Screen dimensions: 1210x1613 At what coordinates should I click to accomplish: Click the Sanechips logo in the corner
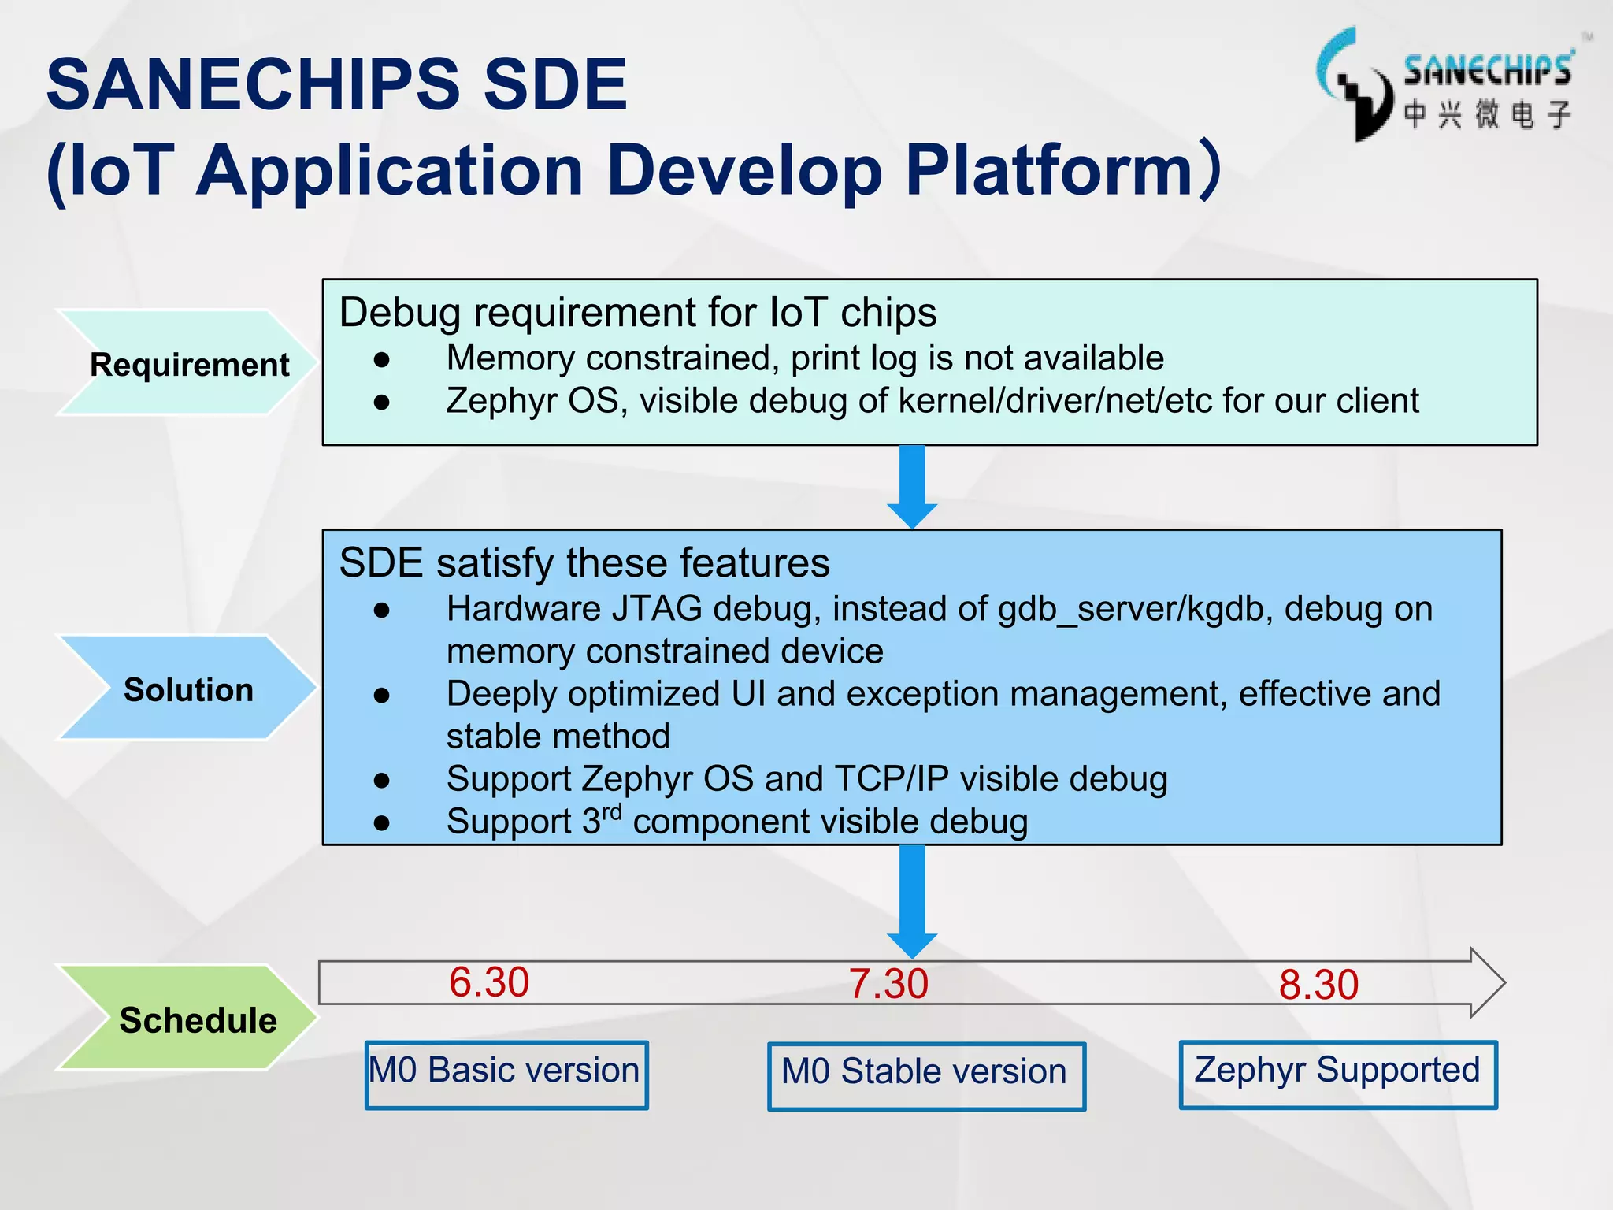[1445, 85]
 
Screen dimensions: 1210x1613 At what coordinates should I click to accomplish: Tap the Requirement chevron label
[189, 364]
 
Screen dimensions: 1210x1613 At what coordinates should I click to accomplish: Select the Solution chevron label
[188, 689]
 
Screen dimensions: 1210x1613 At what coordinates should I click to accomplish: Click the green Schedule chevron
[189, 1019]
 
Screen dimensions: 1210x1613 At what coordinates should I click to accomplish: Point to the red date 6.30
[488, 982]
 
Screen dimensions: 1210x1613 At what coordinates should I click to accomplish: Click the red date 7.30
[888, 984]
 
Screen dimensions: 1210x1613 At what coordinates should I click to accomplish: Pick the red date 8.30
[1318, 985]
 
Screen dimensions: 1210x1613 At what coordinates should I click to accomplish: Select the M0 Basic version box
[506, 1074]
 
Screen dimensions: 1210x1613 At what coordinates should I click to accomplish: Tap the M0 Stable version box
[926, 1075]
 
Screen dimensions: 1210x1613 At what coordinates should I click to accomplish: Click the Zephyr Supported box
[1337, 1074]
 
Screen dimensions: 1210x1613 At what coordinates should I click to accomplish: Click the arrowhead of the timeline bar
[1487, 982]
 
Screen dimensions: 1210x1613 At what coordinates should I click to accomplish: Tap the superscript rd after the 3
[612, 811]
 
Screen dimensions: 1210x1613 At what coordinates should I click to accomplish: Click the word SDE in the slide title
[554, 84]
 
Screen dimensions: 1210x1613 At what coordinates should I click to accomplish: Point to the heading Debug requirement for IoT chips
[638, 312]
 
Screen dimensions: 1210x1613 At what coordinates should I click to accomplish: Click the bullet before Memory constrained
[382, 360]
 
